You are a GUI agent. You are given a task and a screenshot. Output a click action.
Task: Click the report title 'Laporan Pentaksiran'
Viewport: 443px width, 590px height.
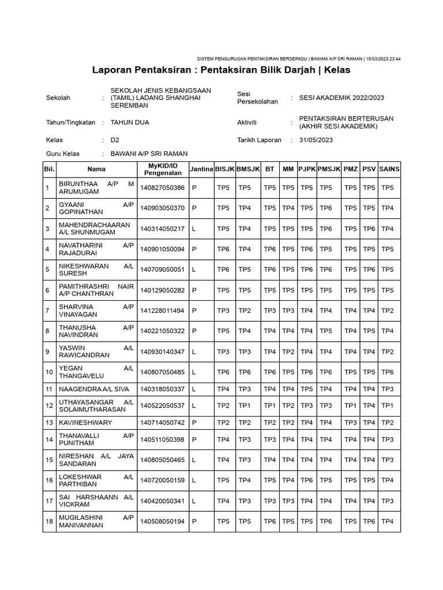click(221, 70)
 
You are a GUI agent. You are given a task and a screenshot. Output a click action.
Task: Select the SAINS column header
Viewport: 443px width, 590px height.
click(389, 169)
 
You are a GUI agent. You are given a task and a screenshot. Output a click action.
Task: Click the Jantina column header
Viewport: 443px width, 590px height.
click(201, 169)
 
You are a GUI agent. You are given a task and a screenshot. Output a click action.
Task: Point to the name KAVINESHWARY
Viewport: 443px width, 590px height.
click(85, 422)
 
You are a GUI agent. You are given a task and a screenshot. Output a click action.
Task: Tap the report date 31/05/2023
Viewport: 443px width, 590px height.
click(316, 140)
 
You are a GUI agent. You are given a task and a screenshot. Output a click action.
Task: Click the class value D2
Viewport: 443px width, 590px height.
click(115, 140)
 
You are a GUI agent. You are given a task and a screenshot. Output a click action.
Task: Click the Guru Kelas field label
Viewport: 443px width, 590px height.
click(62, 154)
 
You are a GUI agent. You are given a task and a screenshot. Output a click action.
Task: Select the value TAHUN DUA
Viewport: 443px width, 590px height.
click(129, 123)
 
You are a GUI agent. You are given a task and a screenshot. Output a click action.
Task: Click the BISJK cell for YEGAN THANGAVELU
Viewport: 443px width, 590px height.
click(223, 372)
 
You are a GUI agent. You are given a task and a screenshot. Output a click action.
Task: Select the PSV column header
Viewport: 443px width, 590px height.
click(369, 169)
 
